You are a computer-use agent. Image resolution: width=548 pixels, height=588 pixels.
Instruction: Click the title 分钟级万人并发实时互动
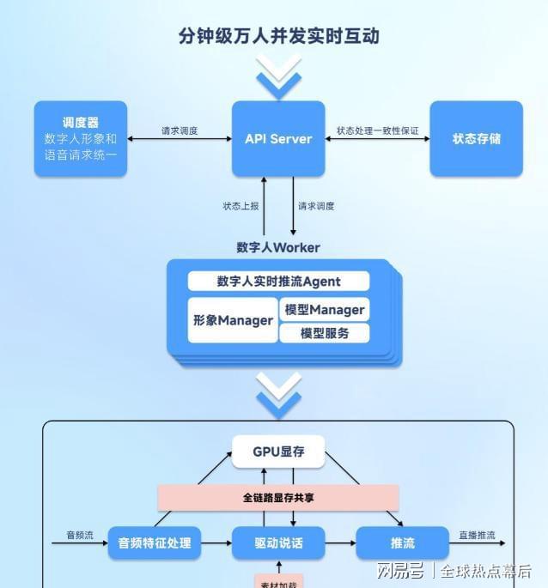(278, 36)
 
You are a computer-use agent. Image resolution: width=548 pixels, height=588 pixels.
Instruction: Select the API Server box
(278, 139)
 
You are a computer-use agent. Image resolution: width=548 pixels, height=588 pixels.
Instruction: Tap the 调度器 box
(81, 139)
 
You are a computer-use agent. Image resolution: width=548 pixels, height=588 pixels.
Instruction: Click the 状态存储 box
(476, 139)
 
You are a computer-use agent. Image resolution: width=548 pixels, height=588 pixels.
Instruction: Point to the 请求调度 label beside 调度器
(180, 131)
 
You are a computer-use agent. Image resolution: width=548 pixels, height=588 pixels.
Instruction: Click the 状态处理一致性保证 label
(377, 131)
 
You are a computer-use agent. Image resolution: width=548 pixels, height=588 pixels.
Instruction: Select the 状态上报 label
(241, 206)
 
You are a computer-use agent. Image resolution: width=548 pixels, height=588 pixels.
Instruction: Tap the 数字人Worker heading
(278, 247)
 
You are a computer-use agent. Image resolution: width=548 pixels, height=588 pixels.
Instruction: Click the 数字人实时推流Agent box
(278, 281)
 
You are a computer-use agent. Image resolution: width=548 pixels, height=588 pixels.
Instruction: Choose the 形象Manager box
(233, 320)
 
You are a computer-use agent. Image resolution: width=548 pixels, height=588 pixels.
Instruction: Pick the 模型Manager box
(325, 309)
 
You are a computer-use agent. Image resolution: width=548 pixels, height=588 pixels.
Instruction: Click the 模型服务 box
(325, 333)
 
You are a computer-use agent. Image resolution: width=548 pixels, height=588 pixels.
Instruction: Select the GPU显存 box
(278, 452)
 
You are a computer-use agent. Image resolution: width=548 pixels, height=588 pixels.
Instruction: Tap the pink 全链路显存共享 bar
(278, 497)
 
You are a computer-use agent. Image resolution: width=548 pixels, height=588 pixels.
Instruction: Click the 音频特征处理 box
(155, 543)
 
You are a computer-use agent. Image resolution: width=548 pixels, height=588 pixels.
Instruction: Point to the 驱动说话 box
(278, 543)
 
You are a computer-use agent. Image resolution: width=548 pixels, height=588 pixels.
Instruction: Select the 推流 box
(402, 543)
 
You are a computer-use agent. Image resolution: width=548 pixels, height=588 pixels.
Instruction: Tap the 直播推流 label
(477, 536)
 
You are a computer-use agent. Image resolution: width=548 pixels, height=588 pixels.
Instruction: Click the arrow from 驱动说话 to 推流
(340, 543)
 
